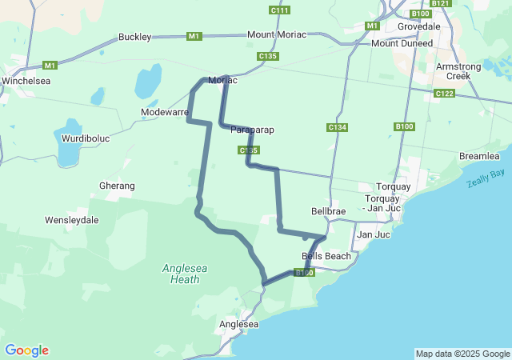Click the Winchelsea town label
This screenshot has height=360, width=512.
click(26, 82)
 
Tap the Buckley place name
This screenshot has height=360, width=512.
click(134, 37)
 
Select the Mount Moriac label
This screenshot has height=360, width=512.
click(277, 35)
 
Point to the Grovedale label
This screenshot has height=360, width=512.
click(419, 26)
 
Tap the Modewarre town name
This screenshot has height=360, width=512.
click(165, 113)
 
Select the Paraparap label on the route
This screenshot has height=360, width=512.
click(254, 130)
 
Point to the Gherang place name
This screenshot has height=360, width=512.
click(117, 185)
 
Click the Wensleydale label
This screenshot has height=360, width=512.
click(71, 219)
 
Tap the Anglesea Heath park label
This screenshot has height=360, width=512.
click(186, 274)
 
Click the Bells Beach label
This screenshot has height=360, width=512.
click(326, 256)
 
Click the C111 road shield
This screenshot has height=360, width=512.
click(279, 10)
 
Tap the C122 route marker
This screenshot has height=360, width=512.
click(445, 94)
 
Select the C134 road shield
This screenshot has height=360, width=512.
click(338, 128)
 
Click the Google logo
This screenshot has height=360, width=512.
click(26, 350)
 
